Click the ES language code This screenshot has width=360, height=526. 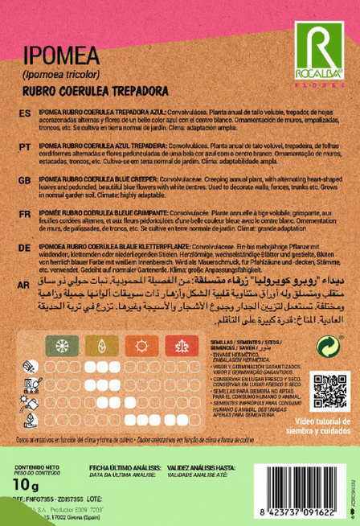tap(25, 114)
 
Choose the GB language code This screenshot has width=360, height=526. tap(25, 183)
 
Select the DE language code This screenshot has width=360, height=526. tap(25, 251)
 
